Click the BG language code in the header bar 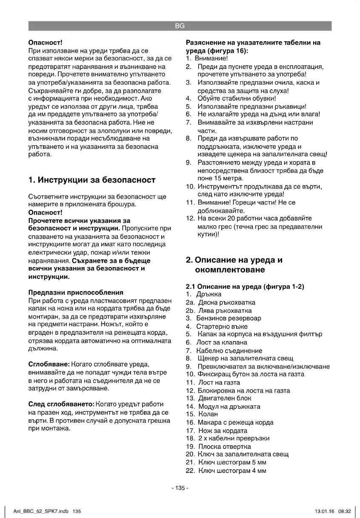(180, 26)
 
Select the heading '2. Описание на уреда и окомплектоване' (234, 265)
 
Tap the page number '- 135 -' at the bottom (180, 488)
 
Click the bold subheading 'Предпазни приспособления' (76, 293)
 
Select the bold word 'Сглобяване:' (46, 364)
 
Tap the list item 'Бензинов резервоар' (229, 318)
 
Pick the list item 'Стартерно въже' (222, 327)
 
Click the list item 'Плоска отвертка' (225, 447)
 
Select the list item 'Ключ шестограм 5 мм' (232, 462)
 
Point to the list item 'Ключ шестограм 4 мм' (232, 470)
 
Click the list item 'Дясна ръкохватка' (227, 302)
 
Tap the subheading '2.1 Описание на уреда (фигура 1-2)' (245, 287)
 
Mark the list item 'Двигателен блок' (225, 398)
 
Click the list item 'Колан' (208, 414)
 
